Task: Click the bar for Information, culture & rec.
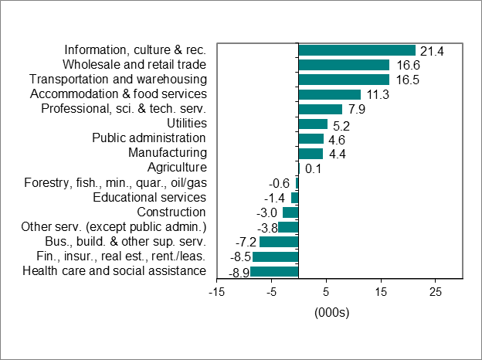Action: coord(357,50)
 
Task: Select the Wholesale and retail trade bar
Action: coord(344,65)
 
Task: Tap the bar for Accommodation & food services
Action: coord(329,94)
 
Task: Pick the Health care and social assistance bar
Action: coord(274,271)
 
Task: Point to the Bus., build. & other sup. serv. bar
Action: coord(279,242)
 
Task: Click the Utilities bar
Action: coord(313,124)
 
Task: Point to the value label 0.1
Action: coord(313,168)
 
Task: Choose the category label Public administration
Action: coord(149,138)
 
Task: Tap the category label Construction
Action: coord(171,212)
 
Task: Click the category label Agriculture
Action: coord(177,168)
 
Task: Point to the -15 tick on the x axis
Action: coord(216,291)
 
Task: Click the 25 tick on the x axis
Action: coord(436,291)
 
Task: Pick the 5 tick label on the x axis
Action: coord(326,291)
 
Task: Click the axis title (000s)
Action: coord(332,313)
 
